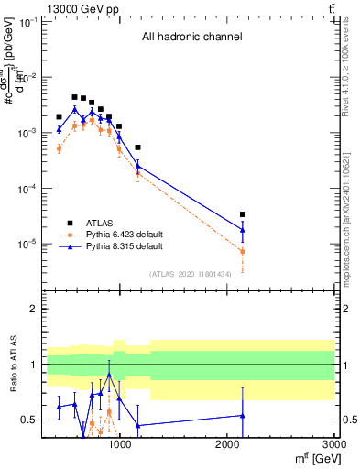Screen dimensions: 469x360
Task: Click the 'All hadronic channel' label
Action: coord(191,38)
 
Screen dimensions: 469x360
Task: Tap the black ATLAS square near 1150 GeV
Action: coord(137,147)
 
